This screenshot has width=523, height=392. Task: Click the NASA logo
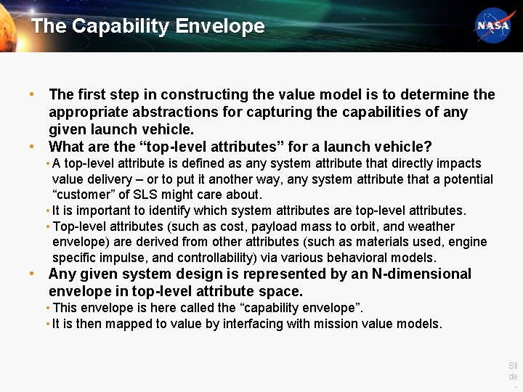493,25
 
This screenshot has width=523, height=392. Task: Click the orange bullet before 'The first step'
32,94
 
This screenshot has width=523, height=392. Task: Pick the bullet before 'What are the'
32,146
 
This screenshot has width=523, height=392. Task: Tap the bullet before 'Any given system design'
32,274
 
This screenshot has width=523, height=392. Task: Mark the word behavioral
352,258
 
